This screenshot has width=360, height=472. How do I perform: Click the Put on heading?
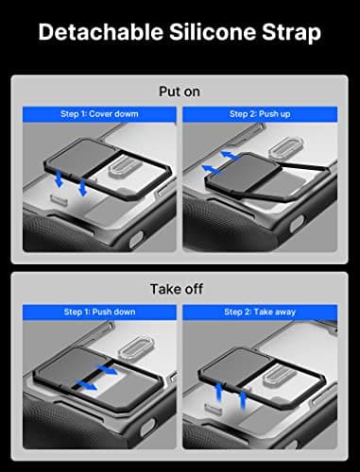[180, 93]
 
